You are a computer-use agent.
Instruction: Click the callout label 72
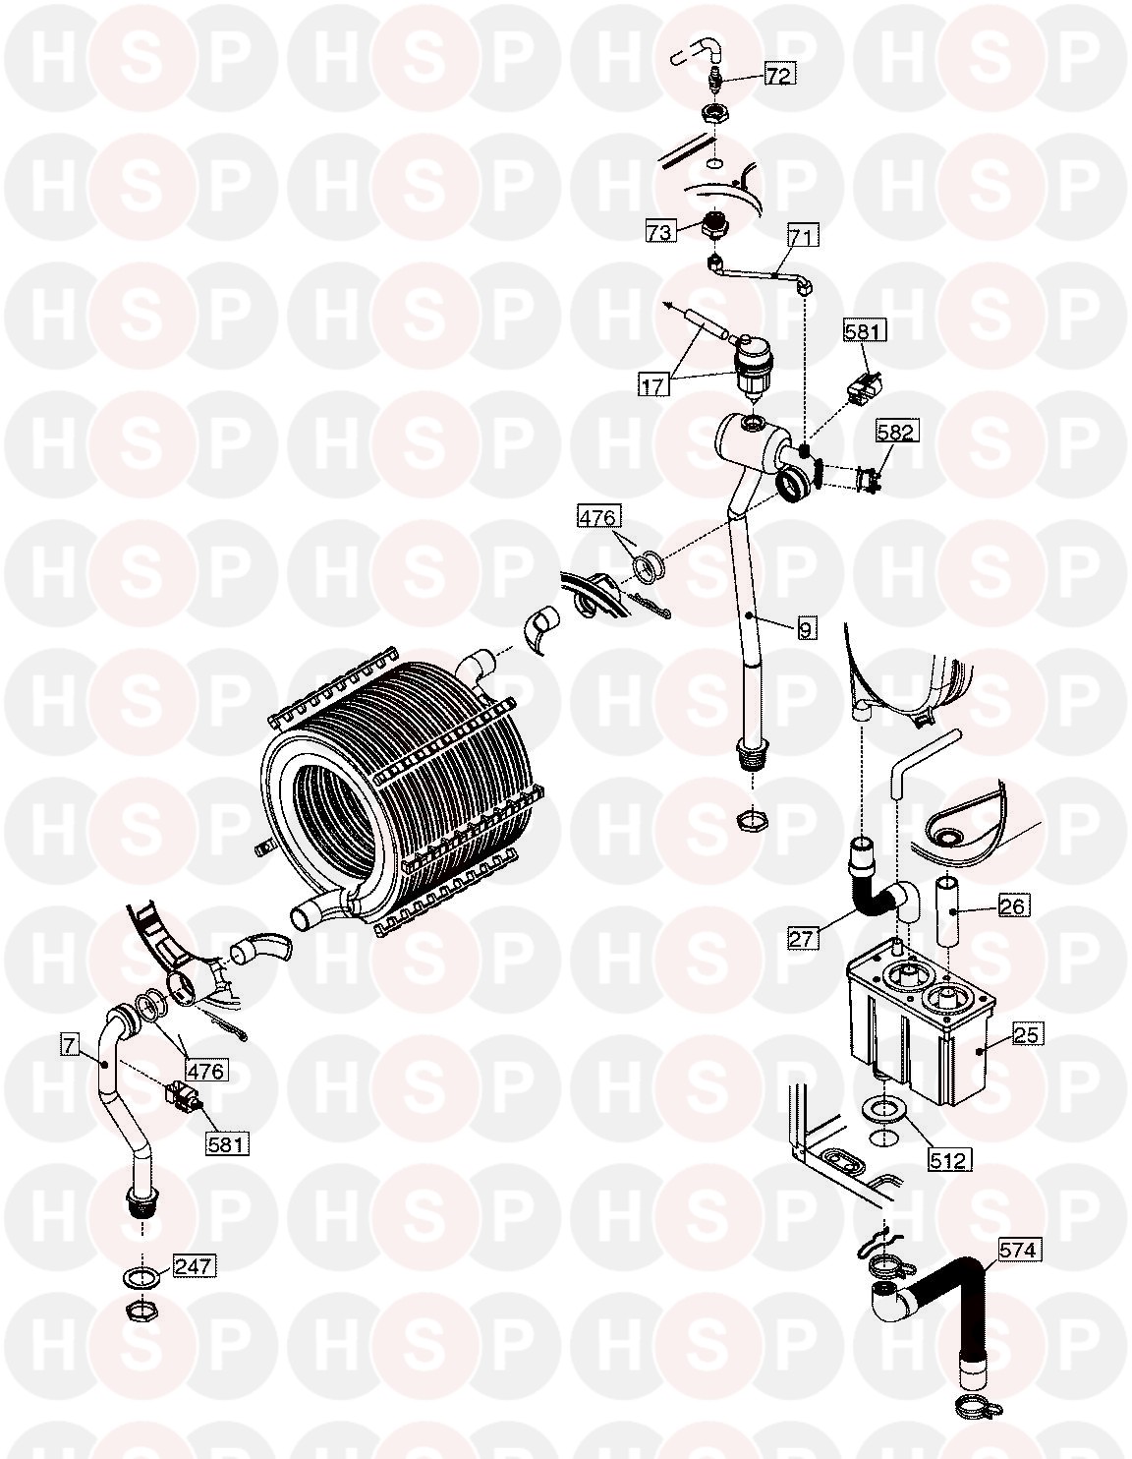coord(778,75)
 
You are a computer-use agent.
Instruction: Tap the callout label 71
coord(803,237)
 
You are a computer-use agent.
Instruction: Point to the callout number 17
coord(653,385)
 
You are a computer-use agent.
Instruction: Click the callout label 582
coord(896,432)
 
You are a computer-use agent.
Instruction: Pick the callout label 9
coord(807,629)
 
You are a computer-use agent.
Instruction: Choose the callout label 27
coord(802,938)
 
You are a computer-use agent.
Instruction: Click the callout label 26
coord(1012,906)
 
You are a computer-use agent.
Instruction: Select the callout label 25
coord(1026,1034)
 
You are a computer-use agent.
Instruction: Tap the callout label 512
coord(949,1159)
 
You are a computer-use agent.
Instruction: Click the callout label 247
coord(194,1267)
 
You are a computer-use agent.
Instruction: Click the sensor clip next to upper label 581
coord(867,388)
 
